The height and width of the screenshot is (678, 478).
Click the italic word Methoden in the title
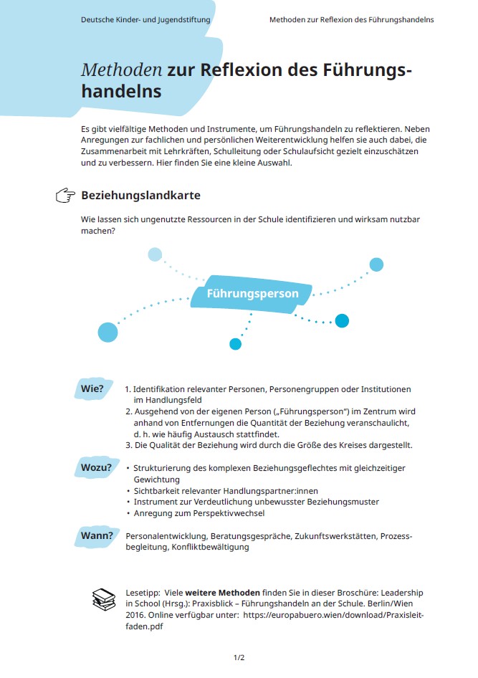click(x=121, y=70)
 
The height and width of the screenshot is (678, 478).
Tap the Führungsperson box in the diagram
click(x=252, y=294)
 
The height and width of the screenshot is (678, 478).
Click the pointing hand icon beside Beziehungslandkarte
click(x=65, y=196)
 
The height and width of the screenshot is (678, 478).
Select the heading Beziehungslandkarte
click(x=140, y=195)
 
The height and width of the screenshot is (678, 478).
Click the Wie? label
click(x=92, y=389)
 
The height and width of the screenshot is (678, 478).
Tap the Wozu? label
click(x=96, y=468)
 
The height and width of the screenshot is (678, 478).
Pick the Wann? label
click(x=97, y=535)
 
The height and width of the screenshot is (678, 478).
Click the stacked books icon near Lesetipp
click(x=104, y=598)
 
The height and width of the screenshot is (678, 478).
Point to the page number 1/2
click(x=239, y=657)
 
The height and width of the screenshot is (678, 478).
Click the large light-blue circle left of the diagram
click(x=107, y=332)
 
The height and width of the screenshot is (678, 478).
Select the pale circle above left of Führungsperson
click(x=155, y=254)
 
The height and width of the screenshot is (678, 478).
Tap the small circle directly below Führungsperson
click(x=235, y=344)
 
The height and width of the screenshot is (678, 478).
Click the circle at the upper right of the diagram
click(x=376, y=264)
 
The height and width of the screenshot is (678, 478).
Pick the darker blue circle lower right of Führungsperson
click(x=342, y=320)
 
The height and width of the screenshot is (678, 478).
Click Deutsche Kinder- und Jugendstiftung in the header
click(x=145, y=20)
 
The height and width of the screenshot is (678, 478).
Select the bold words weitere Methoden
click(x=222, y=593)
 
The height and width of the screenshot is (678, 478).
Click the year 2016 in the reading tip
click(x=135, y=615)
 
